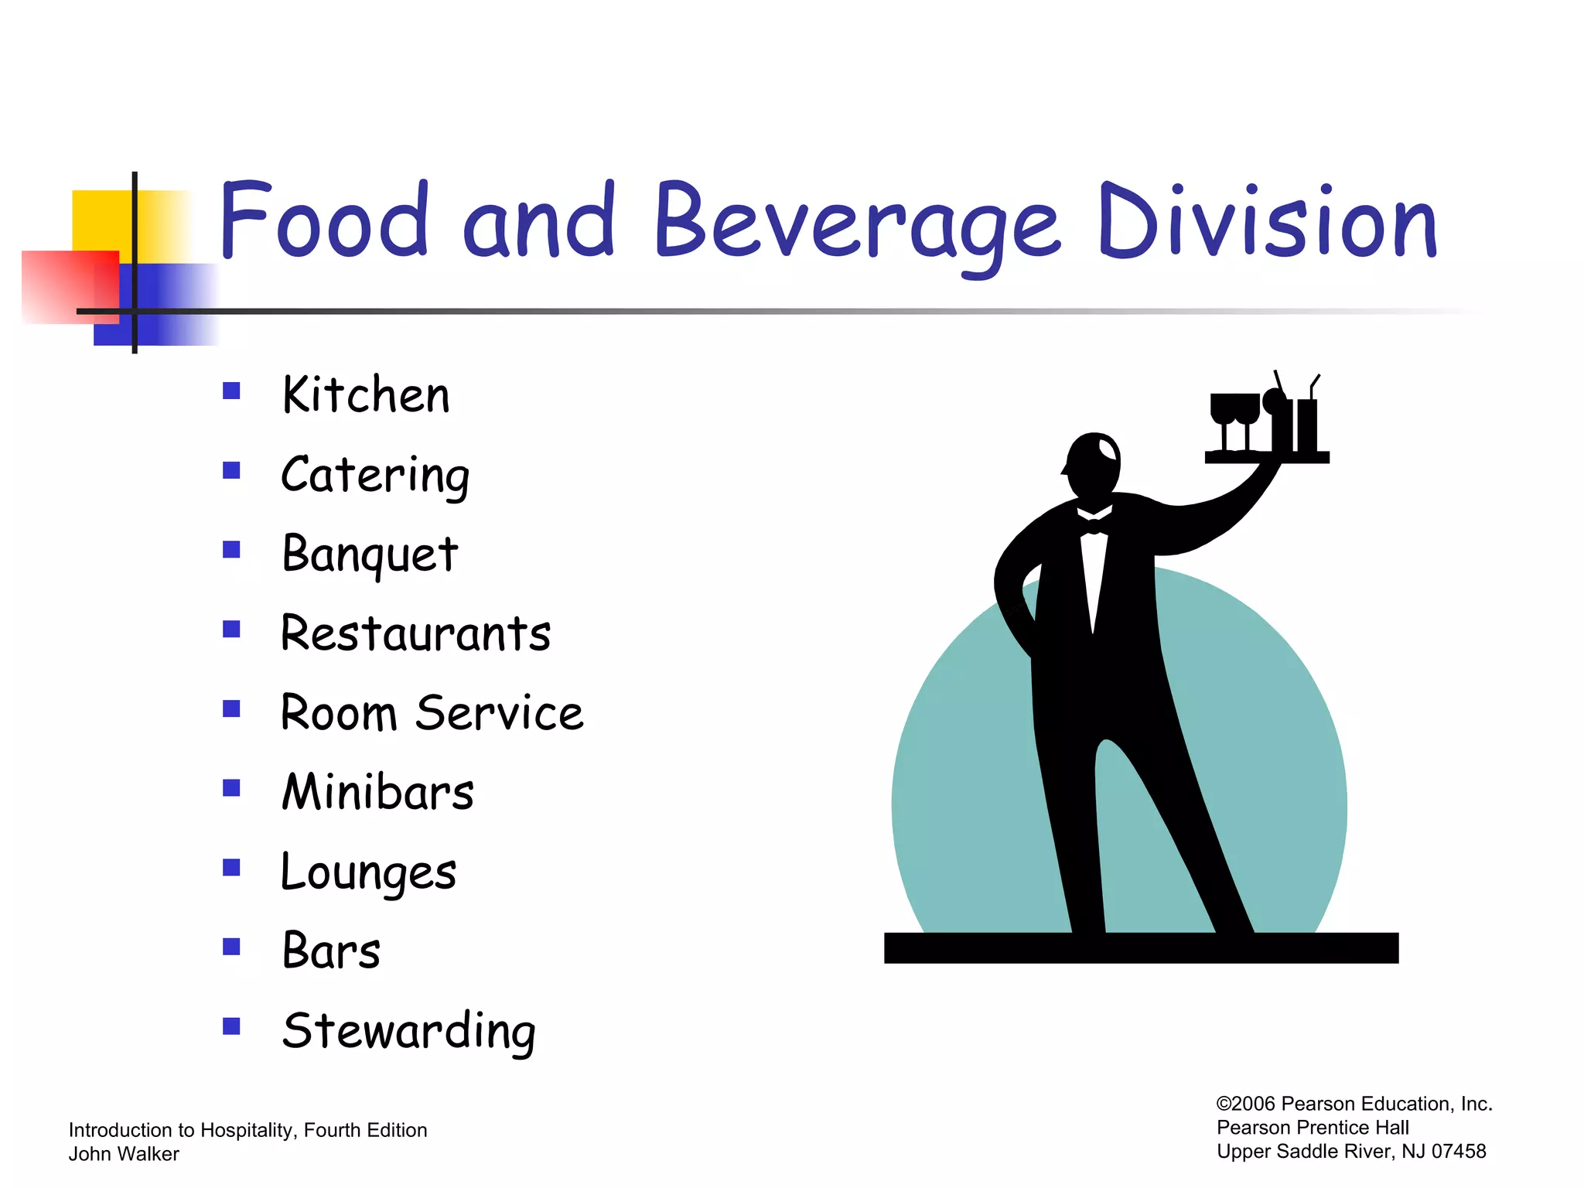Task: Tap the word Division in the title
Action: [x=1267, y=222]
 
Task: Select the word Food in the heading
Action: [x=324, y=220]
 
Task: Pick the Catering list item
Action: [x=375, y=475]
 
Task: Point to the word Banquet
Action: [x=370, y=554]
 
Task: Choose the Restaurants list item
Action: [x=415, y=633]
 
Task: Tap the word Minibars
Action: [x=377, y=792]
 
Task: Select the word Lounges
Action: [x=368, y=872]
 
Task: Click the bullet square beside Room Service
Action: [x=231, y=708]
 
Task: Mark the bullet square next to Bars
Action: [x=231, y=947]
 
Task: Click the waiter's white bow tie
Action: [x=1094, y=527]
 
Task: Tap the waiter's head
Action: [x=1093, y=464]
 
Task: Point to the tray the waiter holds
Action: [x=1266, y=458]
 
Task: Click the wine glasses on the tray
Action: [x=1234, y=418]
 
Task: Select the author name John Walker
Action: [x=124, y=1154]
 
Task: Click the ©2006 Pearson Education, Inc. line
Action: [x=1354, y=1104]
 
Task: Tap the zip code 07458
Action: [x=1459, y=1152]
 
